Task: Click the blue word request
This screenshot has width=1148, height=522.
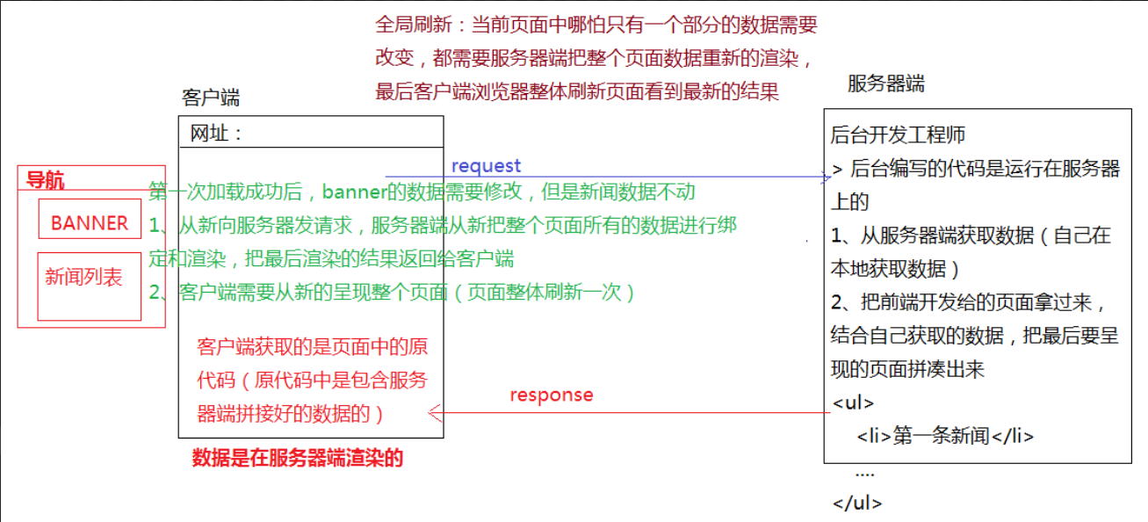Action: click(486, 166)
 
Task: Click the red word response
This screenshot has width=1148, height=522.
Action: click(551, 395)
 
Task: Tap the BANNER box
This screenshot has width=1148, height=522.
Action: click(90, 223)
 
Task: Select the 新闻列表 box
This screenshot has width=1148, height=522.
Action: click(84, 278)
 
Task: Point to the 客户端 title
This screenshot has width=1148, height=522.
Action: click(211, 98)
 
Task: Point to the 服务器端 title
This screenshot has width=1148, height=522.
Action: click(885, 84)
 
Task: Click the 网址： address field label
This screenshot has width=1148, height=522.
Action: click(217, 134)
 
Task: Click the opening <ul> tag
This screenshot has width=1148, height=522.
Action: click(853, 403)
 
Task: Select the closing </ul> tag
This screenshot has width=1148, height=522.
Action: click(857, 504)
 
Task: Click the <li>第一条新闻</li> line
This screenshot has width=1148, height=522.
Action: click(945, 436)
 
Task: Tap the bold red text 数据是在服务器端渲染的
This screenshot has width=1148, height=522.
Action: click(297, 458)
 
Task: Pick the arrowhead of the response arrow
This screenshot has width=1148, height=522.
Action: click(432, 412)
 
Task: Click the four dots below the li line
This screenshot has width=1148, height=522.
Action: click(864, 473)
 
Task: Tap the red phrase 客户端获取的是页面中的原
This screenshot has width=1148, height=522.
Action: click(313, 346)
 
